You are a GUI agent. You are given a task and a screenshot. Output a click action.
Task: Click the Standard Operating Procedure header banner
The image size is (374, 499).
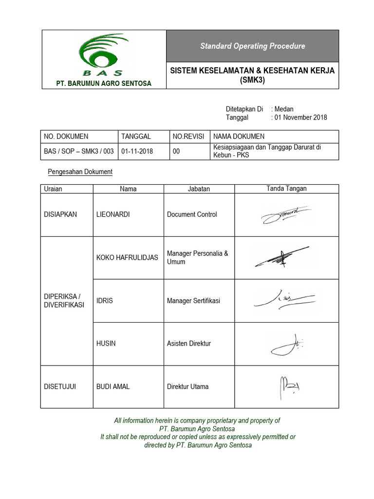pyautogui.click(x=252, y=46)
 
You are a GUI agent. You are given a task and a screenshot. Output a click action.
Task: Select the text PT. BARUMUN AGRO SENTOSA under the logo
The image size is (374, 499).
pyautogui.click(x=104, y=83)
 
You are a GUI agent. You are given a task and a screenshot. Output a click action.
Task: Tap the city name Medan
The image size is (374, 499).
pyautogui.click(x=283, y=109)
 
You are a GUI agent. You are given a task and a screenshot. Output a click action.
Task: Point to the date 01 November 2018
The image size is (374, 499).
pyautogui.click(x=300, y=117)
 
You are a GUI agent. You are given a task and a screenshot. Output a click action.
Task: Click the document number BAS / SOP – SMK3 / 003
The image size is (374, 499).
pyautogui.click(x=79, y=151)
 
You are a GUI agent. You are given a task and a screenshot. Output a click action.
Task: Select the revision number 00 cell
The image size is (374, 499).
pyautogui.click(x=176, y=152)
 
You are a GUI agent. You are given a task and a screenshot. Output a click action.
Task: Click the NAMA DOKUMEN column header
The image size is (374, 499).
pyautogui.click(x=239, y=136)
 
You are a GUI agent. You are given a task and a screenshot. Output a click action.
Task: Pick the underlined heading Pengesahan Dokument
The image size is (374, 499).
pyautogui.click(x=80, y=172)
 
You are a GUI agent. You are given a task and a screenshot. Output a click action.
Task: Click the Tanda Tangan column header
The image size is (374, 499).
pyautogui.click(x=286, y=189)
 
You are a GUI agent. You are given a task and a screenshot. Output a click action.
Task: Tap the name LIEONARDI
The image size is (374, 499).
pyautogui.click(x=113, y=214)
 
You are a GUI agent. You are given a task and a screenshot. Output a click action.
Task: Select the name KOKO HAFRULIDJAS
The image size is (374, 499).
pyautogui.click(x=127, y=258)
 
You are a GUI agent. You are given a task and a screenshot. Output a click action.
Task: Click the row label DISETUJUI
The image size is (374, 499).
pyautogui.click(x=60, y=387)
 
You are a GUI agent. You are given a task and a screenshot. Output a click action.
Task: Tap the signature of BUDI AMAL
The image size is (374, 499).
pyautogui.click(x=289, y=386)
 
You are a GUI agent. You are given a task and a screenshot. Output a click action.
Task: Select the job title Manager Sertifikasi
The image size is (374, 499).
pyautogui.click(x=193, y=301)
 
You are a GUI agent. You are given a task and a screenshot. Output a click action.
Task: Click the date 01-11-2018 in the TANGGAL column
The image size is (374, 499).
pyautogui.click(x=137, y=152)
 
